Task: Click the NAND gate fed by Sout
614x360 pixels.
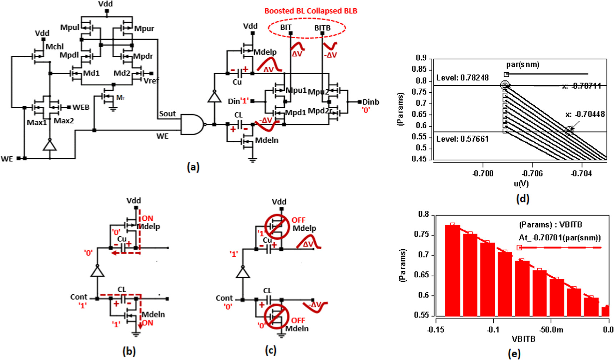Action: (192, 124)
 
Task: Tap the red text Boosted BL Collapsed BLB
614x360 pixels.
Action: (310, 11)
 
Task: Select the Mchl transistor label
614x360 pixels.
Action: (55, 47)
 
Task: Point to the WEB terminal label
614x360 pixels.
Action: (81, 107)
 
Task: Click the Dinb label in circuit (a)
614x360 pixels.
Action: (370, 102)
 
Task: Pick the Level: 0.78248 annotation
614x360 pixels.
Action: (462, 78)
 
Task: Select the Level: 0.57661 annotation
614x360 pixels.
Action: (462, 139)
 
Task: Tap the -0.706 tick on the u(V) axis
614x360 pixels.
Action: (532, 174)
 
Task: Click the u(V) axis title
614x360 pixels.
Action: (521, 184)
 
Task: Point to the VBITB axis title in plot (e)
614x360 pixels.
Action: (523, 339)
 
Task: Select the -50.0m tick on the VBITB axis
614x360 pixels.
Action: (551, 329)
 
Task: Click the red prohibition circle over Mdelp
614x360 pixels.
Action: (277, 226)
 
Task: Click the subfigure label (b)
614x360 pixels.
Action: (129, 351)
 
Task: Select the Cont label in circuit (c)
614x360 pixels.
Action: (224, 298)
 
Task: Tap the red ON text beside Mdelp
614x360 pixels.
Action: (148, 218)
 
